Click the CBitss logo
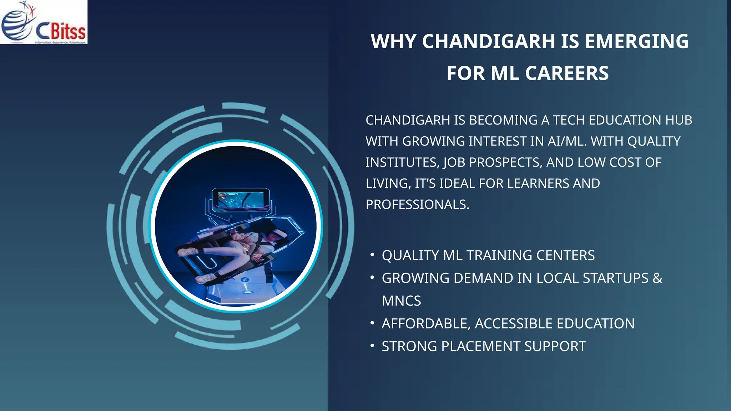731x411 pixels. [x=44, y=22]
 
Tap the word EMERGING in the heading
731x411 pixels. [x=637, y=41]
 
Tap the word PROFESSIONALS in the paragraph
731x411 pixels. [x=417, y=205]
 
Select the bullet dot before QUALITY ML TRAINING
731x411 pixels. [x=372, y=255]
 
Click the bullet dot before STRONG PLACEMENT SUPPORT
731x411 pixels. [x=372, y=345]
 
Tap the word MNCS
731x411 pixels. [x=401, y=301]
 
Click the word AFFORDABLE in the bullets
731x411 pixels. [x=426, y=324]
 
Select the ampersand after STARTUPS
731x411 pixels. [x=657, y=278]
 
